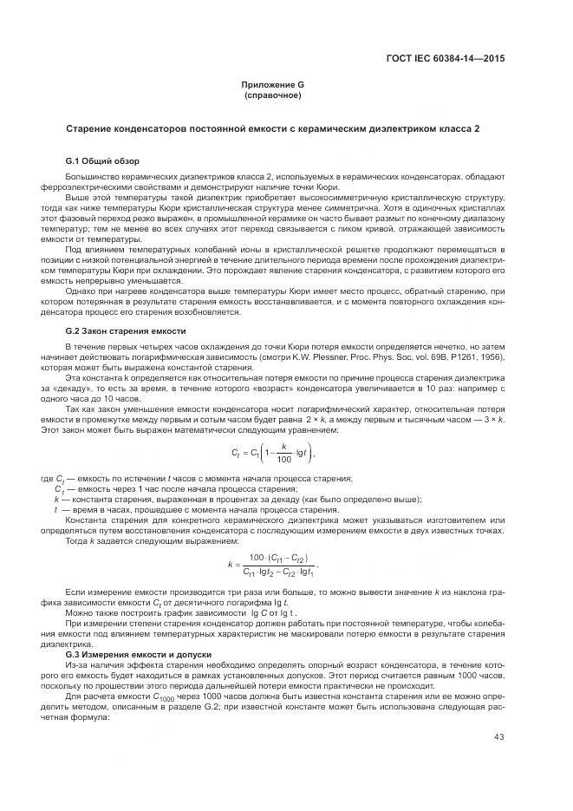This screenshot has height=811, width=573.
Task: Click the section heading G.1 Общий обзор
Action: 102,162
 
